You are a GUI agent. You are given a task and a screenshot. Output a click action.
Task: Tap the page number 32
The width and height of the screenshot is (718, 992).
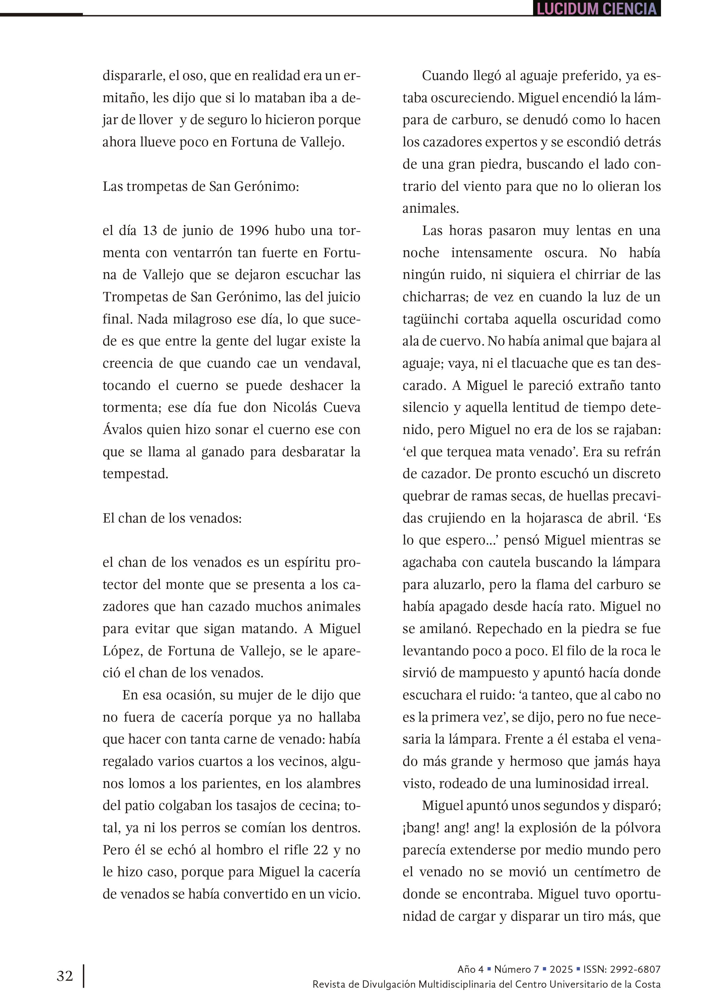click(x=65, y=976)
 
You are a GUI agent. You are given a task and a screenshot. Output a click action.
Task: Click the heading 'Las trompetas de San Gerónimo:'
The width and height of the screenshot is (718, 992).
click(x=201, y=186)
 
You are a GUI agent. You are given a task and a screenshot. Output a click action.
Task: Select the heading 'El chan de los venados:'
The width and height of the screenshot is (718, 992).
click(x=172, y=518)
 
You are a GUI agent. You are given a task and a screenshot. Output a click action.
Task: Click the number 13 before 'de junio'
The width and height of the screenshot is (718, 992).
click(x=150, y=231)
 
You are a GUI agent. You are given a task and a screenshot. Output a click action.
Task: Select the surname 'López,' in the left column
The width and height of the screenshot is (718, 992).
click(x=122, y=651)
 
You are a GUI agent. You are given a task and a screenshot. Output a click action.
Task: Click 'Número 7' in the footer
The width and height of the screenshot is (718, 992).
click(x=516, y=969)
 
